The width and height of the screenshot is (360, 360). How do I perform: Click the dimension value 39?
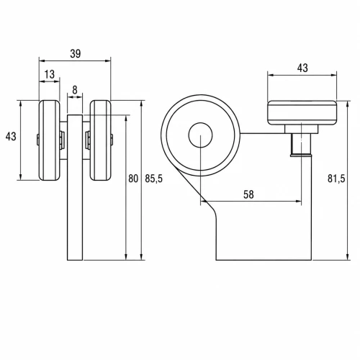tap(76, 54)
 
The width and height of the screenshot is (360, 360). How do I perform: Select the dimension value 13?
tap(50, 74)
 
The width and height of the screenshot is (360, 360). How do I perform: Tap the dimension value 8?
tap(75, 90)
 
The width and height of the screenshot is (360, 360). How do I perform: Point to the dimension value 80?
tap(133, 179)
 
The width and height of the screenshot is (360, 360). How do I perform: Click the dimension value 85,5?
tap(153, 179)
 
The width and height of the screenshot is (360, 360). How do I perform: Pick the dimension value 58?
tap(248, 194)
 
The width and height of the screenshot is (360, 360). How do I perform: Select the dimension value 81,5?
tap(336, 179)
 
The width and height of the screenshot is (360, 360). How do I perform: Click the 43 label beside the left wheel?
tap(11, 136)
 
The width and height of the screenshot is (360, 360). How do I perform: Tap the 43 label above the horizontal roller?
tap(302, 68)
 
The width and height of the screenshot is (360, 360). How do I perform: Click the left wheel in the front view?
tap(49, 140)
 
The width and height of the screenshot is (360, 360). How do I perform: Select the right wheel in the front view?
tap(101, 140)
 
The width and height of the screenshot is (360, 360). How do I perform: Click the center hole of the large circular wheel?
tap(200, 135)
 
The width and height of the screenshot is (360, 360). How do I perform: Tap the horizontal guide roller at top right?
tap(302, 113)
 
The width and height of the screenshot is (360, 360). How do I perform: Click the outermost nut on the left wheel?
tap(38, 140)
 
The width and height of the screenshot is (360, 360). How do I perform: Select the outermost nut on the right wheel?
tap(112, 140)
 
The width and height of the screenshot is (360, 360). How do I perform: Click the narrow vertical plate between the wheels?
tap(75, 187)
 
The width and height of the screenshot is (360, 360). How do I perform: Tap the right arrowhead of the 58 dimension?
tap(298, 202)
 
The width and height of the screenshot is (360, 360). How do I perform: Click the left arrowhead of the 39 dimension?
tap(42, 61)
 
